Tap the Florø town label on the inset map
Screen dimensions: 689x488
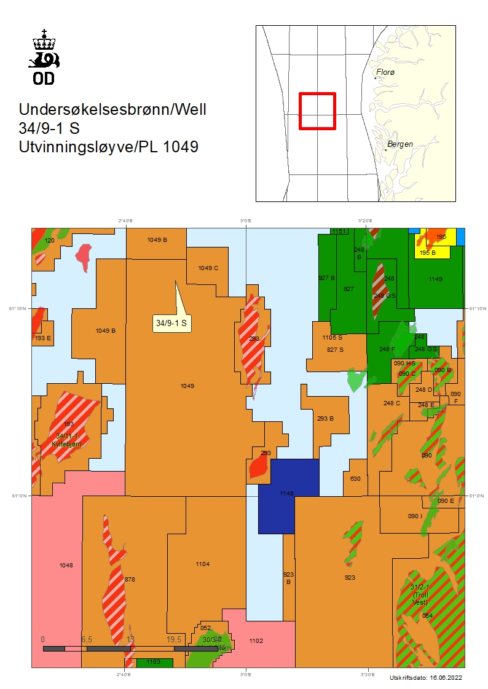click(385, 72)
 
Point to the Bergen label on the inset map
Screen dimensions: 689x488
click(400, 144)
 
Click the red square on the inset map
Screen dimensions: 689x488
click(317, 111)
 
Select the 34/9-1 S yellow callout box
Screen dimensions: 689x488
click(172, 322)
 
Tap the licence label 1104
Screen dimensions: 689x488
click(202, 564)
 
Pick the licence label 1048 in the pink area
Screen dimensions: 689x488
click(66, 565)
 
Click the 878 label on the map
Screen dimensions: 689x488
click(129, 579)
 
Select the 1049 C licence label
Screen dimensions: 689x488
click(208, 268)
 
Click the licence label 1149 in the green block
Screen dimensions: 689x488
click(435, 279)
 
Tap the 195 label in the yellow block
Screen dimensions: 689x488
click(441, 237)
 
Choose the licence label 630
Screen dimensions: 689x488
click(355, 479)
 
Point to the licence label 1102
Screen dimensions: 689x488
click(256, 640)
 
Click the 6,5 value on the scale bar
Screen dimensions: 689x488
click(86, 639)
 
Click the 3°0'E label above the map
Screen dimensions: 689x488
click(245, 220)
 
